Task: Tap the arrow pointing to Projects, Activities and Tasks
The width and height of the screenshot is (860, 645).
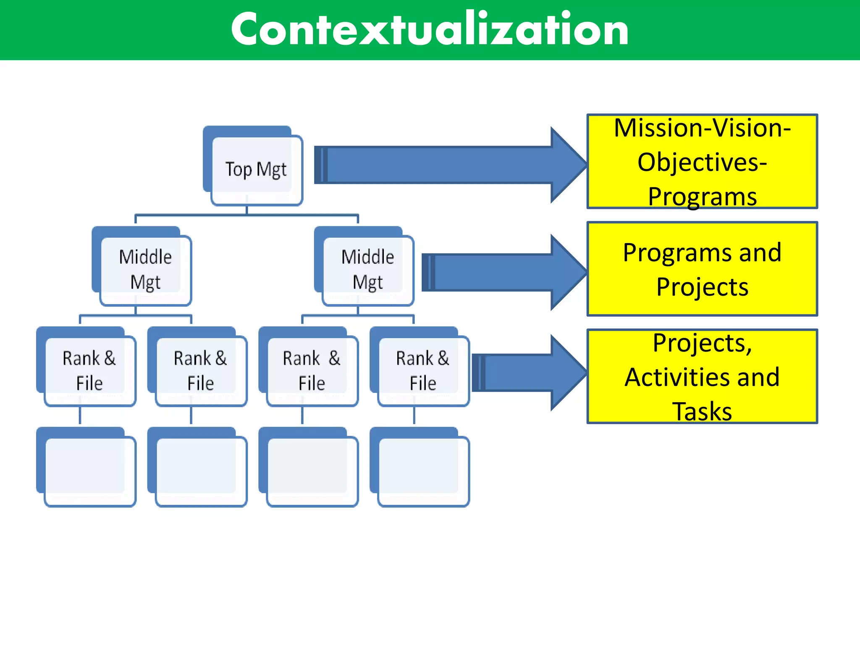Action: coord(525,372)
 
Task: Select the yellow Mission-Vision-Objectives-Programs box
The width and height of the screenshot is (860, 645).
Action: coord(702,161)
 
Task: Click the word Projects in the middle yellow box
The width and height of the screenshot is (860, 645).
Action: coord(702,287)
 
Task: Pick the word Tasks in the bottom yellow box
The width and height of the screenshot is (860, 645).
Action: coord(702,411)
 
